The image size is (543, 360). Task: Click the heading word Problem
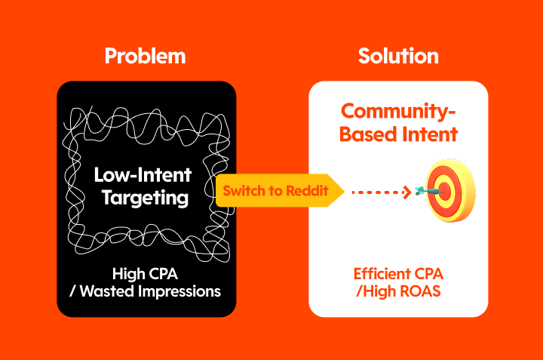click(145, 56)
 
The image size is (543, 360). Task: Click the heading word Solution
click(398, 56)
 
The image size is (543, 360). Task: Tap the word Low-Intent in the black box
click(143, 174)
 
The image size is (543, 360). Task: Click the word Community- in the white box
click(399, 112)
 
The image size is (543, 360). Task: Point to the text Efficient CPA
click(398, 274)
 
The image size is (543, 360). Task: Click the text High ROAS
click(401, 291)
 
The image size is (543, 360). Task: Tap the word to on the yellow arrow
click(273, 191)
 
